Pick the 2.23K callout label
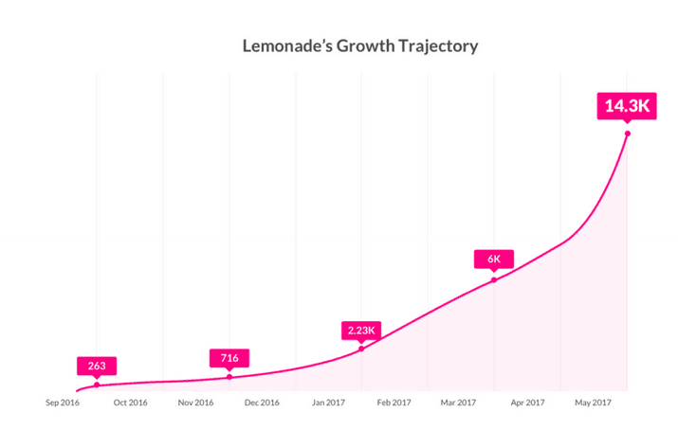coord(361,331)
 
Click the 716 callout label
coord(229,358)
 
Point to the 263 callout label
coord(97,366)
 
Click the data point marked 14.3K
coord(627,134)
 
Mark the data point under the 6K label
coord(494,279)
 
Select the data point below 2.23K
coord(361,349)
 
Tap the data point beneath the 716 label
coord(229,377)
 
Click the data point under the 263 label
coord(97,385)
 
